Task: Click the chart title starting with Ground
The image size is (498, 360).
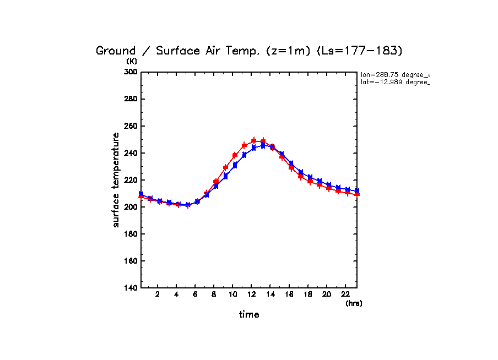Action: click(250, 51)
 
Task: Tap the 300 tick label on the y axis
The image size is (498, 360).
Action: click(130, 72)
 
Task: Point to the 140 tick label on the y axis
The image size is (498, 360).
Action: click(130, 288)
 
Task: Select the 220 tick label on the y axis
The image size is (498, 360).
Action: click(130, 180)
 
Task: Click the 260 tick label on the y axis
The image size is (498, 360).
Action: click(130, 126)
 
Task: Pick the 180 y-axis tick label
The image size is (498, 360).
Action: click(130, 234)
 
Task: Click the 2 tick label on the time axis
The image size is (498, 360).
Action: click(158, 294)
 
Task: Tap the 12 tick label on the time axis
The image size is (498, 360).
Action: click(251, 294)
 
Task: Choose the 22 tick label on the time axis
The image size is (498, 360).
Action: click(345, 294)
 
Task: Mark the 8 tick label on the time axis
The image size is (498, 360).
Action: click(214, 294)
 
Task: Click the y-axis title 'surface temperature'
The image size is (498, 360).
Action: click(116, 180)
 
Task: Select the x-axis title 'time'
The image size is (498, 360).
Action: click(249, 315)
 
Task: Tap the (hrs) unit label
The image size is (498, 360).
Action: click(354, 303)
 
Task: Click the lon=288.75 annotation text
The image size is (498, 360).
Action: click(394, 74)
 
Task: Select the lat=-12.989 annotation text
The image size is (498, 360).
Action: click(394, 82)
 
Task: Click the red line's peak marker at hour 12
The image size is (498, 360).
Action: click(254, 141)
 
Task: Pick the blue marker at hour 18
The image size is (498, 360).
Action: click(310, 177)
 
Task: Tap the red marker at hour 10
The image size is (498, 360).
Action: click(235, 155)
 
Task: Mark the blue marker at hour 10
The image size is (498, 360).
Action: click(235, 165)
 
